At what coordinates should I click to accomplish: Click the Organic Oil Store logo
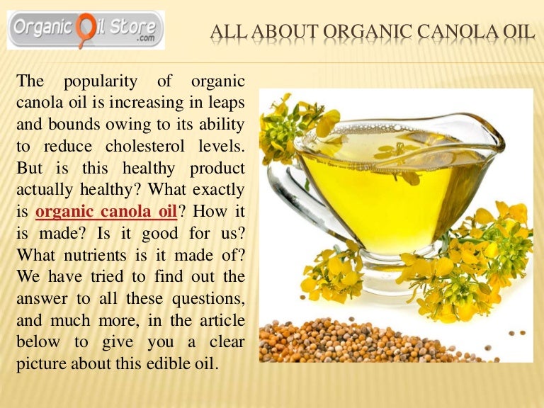85,30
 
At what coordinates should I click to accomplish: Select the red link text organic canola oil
106,211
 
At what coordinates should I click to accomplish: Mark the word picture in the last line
40,364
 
